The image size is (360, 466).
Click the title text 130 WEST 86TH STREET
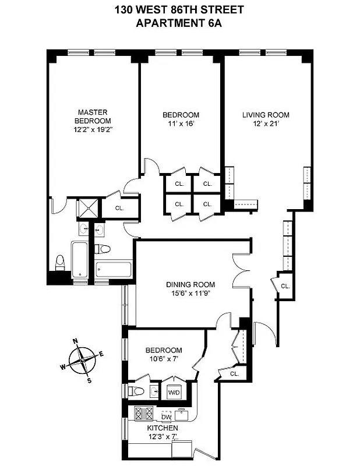pyautogui.click(x=181, y=10)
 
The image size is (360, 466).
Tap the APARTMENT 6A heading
pyautogui.click(x=181, y=23)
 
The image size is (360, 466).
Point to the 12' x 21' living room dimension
pyautogui.click(x=266, y=123)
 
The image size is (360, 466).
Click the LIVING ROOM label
pyautogui.click(x=266, y=115)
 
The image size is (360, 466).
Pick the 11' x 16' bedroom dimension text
pyautogui.click(x=180, y=123)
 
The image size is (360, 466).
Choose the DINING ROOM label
pyautogui.click(x=190, y=285)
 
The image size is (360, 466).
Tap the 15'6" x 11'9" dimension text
pyautogui.click(x=190, y=294)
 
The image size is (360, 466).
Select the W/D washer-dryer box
pyautogui.click(x=174, y=392)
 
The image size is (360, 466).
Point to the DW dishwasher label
pyautogui.click(x=166, y=416)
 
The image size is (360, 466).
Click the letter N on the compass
pyautogui.click(x=75, y=342)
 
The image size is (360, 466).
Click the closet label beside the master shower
pyautogui.click(x=120, y=207)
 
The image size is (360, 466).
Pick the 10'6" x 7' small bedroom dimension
pyautogui.click(x=163, y=359)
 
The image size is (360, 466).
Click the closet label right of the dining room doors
pyautogui.click(x=285, y=286)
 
